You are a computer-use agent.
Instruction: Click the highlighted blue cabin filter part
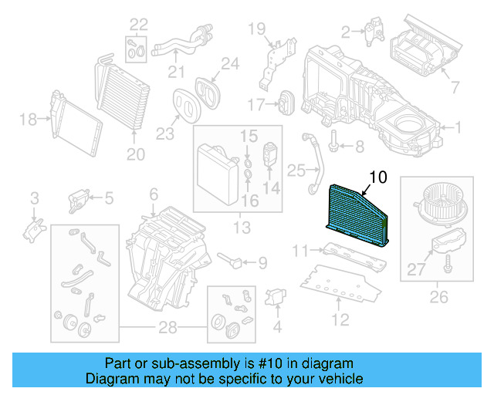[358, 209]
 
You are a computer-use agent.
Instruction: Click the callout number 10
[377, 178]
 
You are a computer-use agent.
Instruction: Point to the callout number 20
[135, 154]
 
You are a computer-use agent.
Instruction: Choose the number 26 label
[437, 294]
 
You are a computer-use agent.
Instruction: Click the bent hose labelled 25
[315, 163]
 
